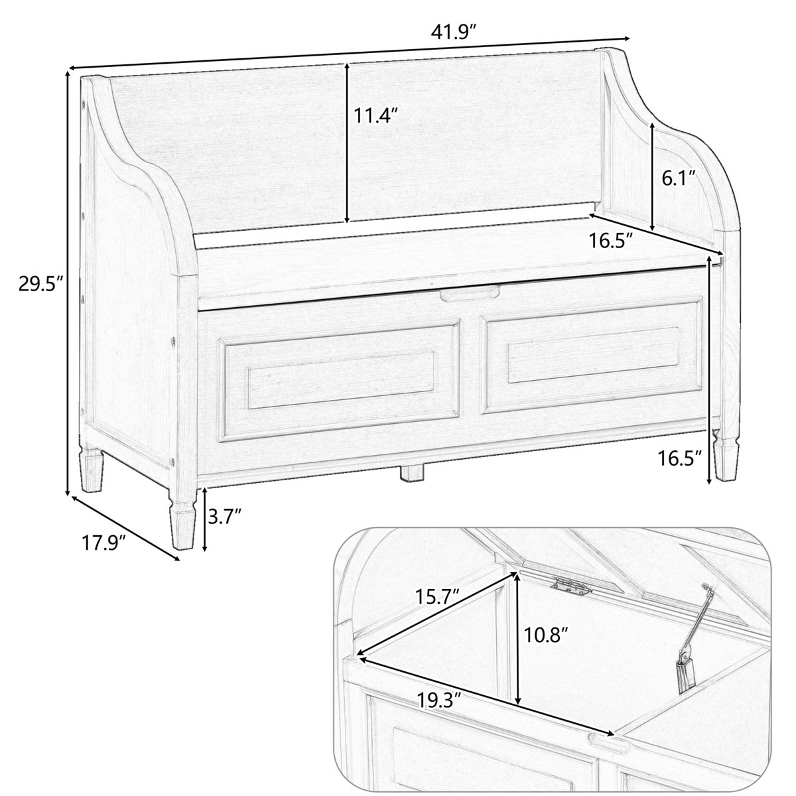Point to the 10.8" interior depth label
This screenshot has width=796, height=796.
545,636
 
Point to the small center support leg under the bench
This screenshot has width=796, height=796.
413,472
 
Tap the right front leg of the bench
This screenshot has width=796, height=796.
724,458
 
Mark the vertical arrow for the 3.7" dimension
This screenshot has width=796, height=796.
205,519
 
